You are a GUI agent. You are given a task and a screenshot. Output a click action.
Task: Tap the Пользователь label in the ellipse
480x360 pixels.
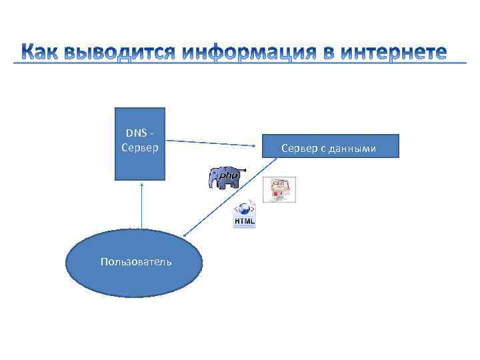[x=135, y=261]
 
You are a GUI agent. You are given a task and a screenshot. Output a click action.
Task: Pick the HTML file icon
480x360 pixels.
[x=244, y=215]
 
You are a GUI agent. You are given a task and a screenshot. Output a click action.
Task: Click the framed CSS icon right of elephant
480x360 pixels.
[x=279, y=189]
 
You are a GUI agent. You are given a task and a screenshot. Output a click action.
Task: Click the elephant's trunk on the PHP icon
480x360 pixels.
[x=213, y=182]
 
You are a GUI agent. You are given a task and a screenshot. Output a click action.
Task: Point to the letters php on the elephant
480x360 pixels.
[x=229, y=175]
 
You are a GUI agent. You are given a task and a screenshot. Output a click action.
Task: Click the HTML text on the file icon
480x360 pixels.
[x=244, y=221]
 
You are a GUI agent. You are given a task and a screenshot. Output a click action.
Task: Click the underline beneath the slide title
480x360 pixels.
[x=240, y=64]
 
